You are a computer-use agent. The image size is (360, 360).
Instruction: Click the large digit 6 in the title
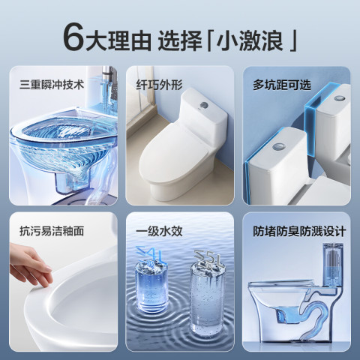click(73, 38)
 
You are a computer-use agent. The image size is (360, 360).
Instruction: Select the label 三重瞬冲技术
click(52, 85)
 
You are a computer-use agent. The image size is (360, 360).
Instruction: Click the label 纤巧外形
click(159, 85)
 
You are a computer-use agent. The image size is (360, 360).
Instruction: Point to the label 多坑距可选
click(282, 85)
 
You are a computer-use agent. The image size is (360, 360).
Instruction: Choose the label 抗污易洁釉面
click(52, 231)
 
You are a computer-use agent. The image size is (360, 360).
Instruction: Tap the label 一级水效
click(159, 231)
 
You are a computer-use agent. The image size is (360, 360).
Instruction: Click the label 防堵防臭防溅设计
click(299, 231)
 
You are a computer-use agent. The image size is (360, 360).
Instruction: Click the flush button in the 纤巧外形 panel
click(205, 105)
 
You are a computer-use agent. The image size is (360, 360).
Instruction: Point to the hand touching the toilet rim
click(30, 265)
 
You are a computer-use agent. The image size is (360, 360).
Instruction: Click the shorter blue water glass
click(151, 285)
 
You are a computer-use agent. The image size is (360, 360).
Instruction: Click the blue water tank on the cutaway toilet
click(333, 265)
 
